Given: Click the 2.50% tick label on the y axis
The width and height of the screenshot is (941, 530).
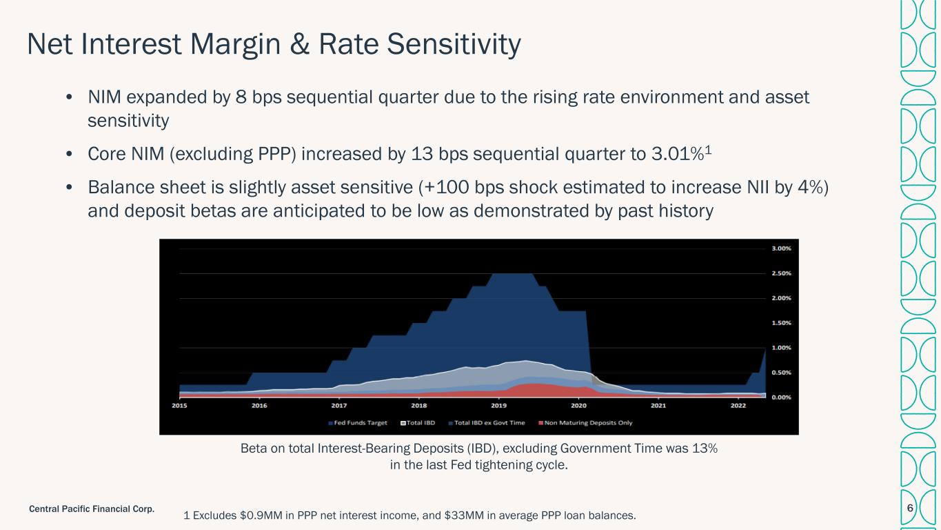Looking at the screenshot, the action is point(781,273).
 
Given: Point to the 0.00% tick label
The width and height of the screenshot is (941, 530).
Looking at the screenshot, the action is point(781,397).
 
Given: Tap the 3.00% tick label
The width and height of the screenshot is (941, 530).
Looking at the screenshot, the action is point(781,248).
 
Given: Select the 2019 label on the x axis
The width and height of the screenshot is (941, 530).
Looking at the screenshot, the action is point(498,406).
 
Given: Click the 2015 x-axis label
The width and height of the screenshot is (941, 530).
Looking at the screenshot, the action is point(179,406).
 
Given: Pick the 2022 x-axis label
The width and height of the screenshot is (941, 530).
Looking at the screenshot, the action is point(738,406).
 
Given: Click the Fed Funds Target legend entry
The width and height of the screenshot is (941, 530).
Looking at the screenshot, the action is point(358,423).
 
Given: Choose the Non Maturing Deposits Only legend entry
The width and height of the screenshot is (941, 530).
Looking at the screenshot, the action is point(585,423).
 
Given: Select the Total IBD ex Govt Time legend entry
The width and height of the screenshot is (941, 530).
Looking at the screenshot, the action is point(487,423).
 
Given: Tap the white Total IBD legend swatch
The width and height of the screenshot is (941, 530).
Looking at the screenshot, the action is point(403,423).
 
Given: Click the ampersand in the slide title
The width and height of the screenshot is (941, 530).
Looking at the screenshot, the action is point(299,44).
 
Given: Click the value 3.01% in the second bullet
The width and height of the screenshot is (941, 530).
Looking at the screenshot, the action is point(678,154).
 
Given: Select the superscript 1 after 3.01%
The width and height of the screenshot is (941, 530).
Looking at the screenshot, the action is point(708,150).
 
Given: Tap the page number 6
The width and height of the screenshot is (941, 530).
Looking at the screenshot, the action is point(910,508).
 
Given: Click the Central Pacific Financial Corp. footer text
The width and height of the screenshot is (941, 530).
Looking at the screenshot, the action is point(92,509).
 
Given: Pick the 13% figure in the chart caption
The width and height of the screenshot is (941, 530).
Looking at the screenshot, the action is point(705,449).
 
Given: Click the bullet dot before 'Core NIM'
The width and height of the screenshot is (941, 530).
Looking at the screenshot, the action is point(70,154).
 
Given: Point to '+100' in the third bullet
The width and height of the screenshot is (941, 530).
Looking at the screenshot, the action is point(447,188).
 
